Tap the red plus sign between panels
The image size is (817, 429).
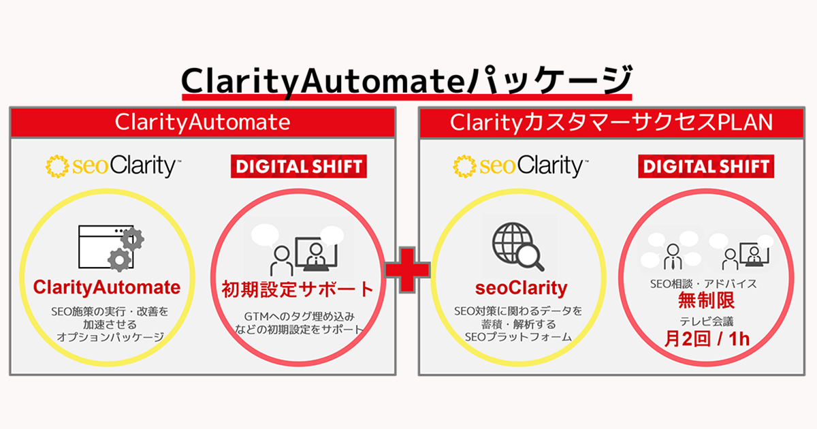407,268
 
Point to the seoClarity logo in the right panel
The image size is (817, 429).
518,165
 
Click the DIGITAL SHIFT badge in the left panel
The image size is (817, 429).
298,166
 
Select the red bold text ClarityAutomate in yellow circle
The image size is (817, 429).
110,287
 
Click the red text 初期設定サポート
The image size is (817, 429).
298,289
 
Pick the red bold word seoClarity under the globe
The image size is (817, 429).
519,289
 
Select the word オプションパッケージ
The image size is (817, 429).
110,337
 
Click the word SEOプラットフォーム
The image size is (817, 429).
519,337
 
